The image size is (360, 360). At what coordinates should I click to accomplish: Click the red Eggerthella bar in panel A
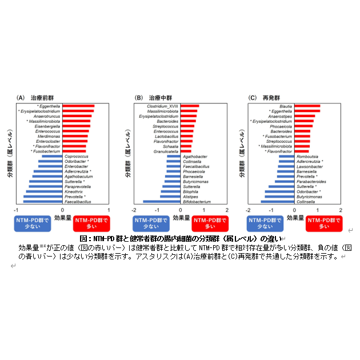(x=78, y=106)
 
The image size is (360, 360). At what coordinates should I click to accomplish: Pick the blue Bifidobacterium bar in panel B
(x=162, y=202)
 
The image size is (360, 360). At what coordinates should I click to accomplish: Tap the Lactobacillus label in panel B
(x=166, y=137)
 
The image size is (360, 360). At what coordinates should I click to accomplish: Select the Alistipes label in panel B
(x=191, y=197)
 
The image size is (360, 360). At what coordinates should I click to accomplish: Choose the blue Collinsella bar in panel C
(x=278, y=202)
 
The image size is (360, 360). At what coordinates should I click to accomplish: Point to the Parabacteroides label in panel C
(x=311, y=182)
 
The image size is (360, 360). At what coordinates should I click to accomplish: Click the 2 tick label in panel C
(x=341, y=210)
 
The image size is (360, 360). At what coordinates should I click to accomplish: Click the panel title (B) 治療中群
(x=154, y=98)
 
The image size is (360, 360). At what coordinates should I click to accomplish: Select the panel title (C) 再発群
(x=264, y=98)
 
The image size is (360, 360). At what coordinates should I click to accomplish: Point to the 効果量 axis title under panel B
(x=182, y=218)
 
